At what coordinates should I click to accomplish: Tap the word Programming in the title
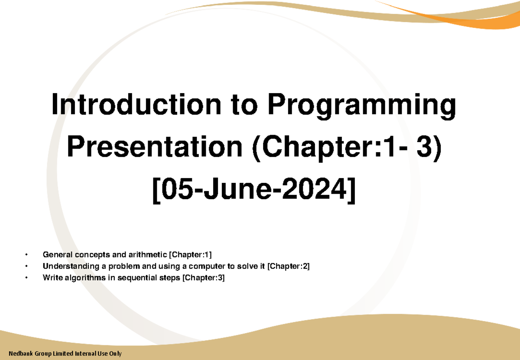(361, 107)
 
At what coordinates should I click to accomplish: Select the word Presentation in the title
(154, 147)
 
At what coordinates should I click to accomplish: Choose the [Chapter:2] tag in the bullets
(289, 266)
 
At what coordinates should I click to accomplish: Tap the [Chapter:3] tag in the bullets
(203, 278)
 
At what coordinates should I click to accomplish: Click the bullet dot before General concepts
(26, 254)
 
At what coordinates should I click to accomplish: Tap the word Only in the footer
(115, 354)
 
